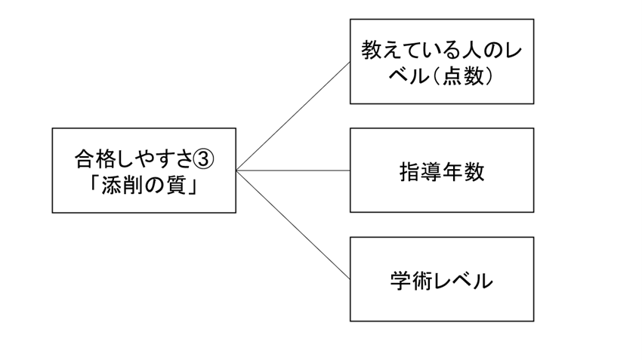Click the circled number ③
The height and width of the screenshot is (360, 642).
pos(203,159)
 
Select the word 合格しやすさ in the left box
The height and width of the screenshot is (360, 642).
pos(134,159)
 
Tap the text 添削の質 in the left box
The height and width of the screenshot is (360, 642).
pos(144,186)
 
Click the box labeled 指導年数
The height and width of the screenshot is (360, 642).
pos(442,170)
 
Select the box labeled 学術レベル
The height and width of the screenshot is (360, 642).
pos(442,279)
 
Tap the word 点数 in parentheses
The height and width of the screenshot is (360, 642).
pos(463,76)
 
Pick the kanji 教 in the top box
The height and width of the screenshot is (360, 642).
pos(372,51)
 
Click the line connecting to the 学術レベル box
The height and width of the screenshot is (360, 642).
pos(293,225)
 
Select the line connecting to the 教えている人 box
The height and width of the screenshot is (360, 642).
pos(293,116)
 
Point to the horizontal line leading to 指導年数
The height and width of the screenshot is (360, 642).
pos(293,170)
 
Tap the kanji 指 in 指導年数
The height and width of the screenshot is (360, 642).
pos(410,172)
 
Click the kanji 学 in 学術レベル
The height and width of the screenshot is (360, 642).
pos(401,281)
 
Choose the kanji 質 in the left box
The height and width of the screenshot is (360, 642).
pos(176,186)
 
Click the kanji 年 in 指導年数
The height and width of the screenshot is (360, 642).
pos(452,172)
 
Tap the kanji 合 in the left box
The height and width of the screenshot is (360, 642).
pos(85,159)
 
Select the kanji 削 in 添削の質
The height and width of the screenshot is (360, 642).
pos(133,186)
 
